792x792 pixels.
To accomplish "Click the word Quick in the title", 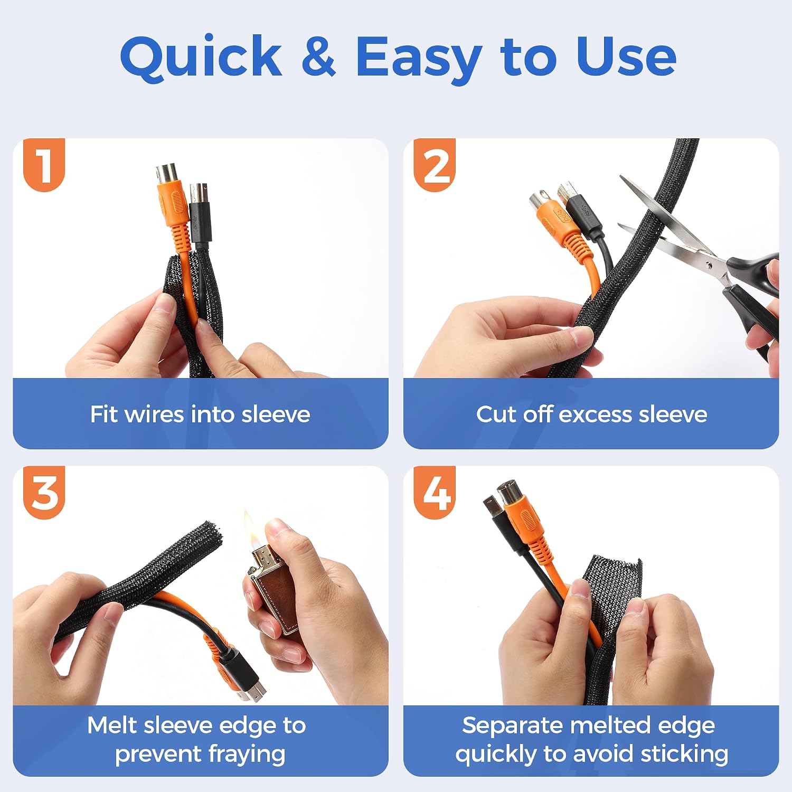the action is (x=201, y=57).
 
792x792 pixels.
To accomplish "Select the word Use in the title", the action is (x=626, y=56).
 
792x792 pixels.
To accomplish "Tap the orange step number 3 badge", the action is (x=44, y=493).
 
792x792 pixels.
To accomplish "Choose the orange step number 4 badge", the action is (x=435, y=493).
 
